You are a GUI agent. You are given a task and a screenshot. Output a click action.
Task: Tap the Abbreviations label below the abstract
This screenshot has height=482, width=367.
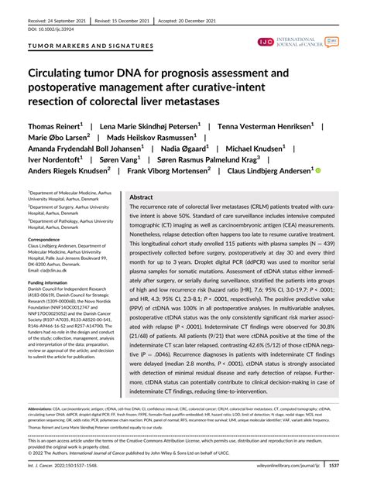pos(46,409)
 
